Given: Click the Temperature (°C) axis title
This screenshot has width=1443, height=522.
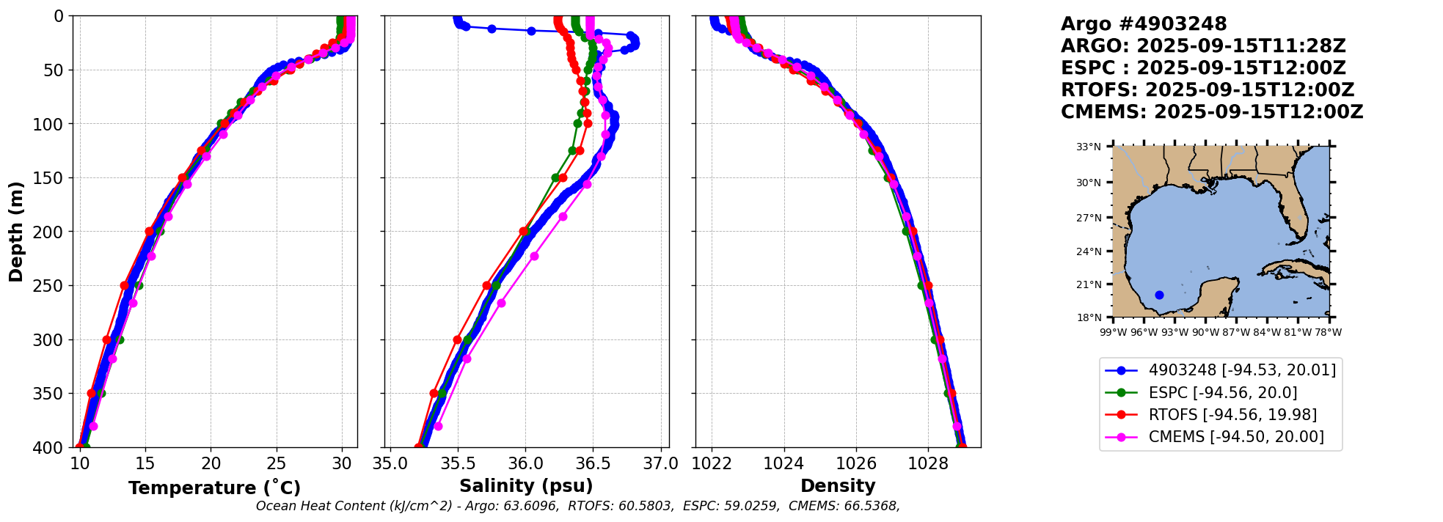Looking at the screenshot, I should point(214,488).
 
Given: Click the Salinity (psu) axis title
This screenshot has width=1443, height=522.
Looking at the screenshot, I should point(526,486).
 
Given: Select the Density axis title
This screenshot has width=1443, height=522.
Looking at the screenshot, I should point(838,486).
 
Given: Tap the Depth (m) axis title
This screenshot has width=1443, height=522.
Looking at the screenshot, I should point(16,231).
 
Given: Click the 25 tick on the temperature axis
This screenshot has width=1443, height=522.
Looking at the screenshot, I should point(276,463).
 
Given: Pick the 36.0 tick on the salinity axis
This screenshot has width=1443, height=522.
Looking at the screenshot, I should point(525,463).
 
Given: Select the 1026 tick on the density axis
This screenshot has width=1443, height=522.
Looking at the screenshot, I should point(856,463).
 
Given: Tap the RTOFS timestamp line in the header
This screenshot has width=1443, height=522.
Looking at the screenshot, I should point(1208,90).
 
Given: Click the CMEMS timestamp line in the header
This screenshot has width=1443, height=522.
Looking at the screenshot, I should point(1212,112).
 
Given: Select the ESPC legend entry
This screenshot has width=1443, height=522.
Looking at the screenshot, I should point(1222,393).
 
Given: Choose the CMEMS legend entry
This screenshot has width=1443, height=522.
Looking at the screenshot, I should point(1236,437).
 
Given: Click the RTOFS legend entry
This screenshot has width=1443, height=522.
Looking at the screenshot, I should point(1232,415).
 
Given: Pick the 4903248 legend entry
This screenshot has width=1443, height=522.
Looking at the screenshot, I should point(1242,370).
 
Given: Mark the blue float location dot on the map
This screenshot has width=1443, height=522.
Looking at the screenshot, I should point(1159,295).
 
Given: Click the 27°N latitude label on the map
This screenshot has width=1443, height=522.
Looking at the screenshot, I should point(1089,218).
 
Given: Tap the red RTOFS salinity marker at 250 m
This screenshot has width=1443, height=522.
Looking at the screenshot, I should point(487,285).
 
